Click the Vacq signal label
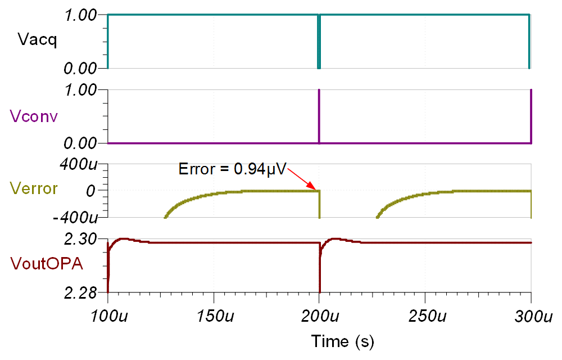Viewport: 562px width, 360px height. (x=37, y=40)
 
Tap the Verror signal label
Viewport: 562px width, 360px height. (x=34, y=188)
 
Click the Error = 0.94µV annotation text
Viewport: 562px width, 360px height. (x=232, y=168)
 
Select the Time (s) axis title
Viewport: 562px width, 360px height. (x=343, y=341)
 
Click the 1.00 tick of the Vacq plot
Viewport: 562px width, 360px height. (x=82, y=15)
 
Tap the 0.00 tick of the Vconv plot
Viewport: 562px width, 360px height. (x=82, y=143)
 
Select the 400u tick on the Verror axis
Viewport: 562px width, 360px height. (x=81, y=165)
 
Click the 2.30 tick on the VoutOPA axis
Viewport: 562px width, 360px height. (x=82, y=239)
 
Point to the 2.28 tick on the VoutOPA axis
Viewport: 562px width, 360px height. (x=82, y=292)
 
